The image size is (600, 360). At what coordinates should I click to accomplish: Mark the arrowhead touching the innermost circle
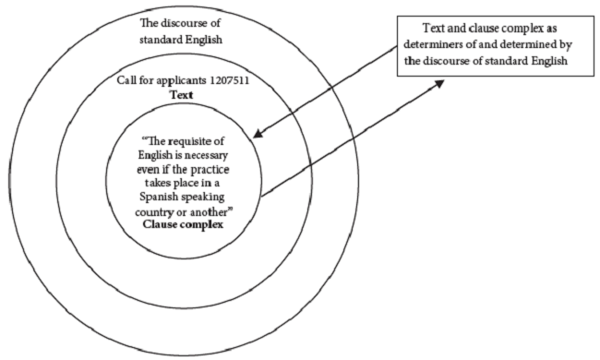(x=260, y=135)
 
